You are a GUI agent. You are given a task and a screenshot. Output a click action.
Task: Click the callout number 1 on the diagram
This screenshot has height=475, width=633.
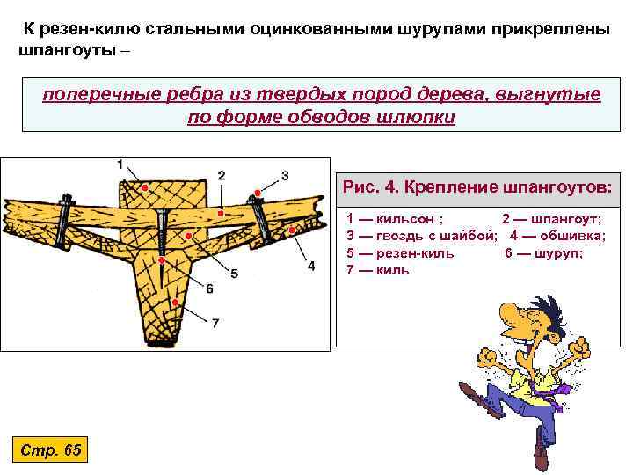pyautogui.click(x=120, y=164)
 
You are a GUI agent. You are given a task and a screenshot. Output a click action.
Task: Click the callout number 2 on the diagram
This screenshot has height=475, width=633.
pyautogui.click(x=221, y=175)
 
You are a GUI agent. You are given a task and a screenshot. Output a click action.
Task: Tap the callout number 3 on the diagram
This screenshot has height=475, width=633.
pyautogui.click(x=285, y=175)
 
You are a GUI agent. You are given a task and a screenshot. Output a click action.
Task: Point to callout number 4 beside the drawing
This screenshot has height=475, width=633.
pyautogui.click(x=311, y=266)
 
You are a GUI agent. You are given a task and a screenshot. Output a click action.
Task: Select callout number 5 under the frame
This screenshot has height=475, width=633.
pyautogui.click(x=234, y=274)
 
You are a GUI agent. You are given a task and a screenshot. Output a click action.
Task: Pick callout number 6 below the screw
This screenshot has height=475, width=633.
pyautogui.click(x=209, y=289)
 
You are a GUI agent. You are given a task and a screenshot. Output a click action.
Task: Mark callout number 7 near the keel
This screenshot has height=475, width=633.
pyautogui.click(x=215, y=324)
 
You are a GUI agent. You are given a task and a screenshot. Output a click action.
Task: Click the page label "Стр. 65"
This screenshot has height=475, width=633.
pyautogui.click(x=50, y=450)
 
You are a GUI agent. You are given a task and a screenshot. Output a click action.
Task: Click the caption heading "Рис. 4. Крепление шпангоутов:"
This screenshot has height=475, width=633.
pyautogui.click(x=478, y=187)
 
